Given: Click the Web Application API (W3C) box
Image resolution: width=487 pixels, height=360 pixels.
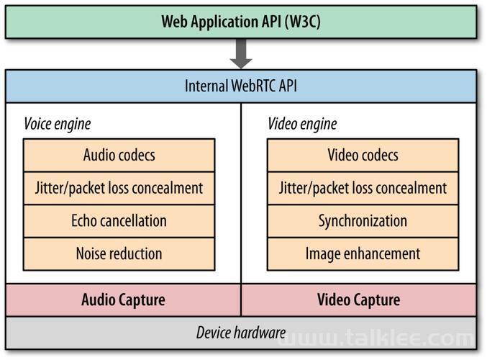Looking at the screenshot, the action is (x=241, y=22).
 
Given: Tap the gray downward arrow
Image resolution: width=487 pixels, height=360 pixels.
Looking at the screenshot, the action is (x=241, y=53).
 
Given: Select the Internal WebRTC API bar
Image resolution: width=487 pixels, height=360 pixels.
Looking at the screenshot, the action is (x=241, y=86).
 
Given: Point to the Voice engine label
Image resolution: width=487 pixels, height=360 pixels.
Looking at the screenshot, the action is (x=58, y=124).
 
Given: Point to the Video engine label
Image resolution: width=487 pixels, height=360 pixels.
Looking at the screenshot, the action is (x=302, y=124).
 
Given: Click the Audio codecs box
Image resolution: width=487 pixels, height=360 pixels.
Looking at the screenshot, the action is (x=119, y=155).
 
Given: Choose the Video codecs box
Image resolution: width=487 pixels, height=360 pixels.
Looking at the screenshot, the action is (x=363, y=155).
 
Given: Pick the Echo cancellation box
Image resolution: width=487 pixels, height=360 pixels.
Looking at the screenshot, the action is (x=119, y=221).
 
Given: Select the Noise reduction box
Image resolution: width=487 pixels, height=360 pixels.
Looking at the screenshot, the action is (x=119, y=254).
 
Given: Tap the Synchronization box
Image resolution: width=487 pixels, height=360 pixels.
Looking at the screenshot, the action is (x=363, y=221).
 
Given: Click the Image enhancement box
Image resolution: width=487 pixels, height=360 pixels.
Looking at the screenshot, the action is (x=363, y=254).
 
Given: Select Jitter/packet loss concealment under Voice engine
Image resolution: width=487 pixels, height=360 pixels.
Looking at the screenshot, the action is (x=119, y=188).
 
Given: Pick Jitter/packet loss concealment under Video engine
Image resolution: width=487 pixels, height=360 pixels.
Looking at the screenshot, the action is (x=363, y=188).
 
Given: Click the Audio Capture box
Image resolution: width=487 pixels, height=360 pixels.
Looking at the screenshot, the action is (x=123, y=300).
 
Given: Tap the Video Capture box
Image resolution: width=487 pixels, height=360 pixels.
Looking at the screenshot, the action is (x=359, y=300).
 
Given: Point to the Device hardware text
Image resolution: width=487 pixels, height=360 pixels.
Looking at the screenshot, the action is (x=241, y=333).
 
